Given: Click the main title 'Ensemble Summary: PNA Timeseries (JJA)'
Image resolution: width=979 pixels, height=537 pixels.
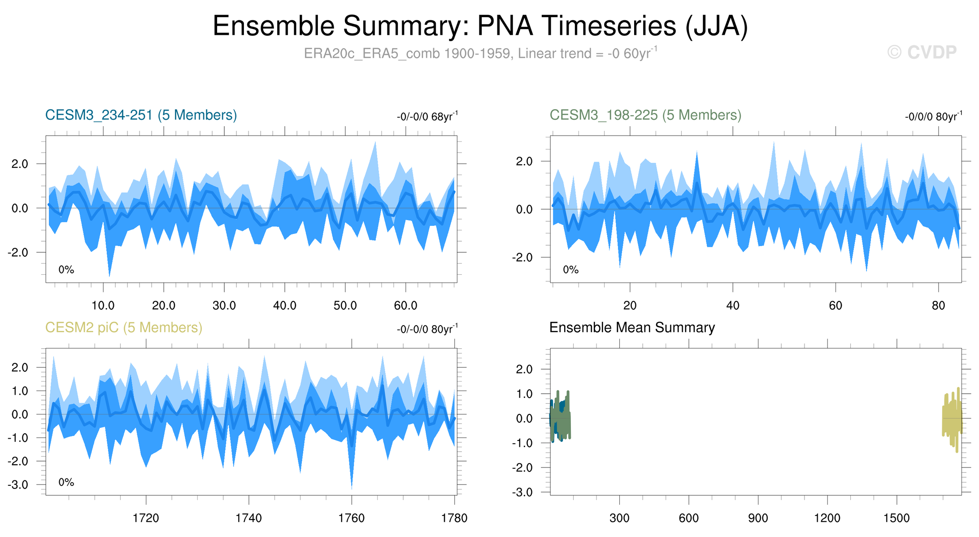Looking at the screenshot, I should click(480, 26).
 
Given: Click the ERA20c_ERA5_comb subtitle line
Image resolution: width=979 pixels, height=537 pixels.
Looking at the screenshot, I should click(480, 53).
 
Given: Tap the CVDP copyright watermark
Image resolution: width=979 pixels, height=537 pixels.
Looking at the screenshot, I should click(922, 53).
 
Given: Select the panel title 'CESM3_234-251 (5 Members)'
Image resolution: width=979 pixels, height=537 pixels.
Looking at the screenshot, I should click(141, 115).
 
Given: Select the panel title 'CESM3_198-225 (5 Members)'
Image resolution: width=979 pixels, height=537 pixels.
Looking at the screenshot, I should click(645, 115).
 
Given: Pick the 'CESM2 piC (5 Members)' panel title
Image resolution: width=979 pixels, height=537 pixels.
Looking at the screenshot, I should click(124, 328).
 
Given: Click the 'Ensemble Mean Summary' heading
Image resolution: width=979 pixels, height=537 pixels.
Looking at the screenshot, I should click(632, 328).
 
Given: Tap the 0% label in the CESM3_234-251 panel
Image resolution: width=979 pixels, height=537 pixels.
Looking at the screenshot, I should click(66, 270).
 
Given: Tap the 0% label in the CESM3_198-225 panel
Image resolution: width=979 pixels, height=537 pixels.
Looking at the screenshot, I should click(570, 270).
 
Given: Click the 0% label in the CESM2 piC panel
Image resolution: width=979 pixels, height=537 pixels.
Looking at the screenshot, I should click(66, 482).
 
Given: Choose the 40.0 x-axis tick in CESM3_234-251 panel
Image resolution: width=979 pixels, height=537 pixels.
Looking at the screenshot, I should click(285, 306).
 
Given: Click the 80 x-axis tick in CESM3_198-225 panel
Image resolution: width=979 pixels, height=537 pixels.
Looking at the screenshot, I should click(938, 306).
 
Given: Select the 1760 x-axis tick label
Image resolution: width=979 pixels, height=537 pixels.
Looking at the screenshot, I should click(352, 518).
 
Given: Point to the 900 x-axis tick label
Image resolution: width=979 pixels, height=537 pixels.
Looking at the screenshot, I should click(758, 518).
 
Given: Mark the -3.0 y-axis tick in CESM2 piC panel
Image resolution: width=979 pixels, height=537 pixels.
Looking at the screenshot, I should click(18, 485).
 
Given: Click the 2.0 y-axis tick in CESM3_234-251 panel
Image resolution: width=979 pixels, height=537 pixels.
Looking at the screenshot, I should click(20, 164).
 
